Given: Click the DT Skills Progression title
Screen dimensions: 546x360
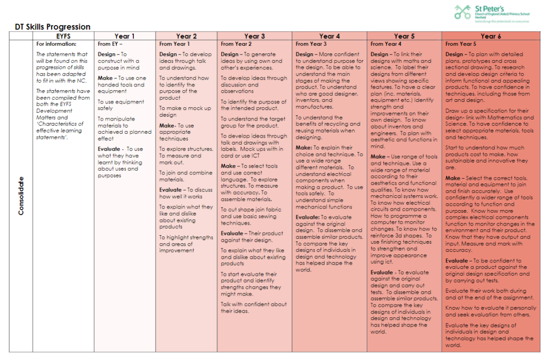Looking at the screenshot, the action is point(53,27).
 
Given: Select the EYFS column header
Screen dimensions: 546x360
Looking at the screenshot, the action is point(63,36).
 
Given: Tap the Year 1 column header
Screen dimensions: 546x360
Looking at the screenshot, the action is point(125,36).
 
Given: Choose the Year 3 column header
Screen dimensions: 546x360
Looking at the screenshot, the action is point(254,36).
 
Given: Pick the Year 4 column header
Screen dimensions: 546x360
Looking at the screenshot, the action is point(330,36).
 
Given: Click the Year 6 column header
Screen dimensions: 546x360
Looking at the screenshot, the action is point(491,36).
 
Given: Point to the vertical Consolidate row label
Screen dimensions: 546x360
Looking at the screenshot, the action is point(21,196).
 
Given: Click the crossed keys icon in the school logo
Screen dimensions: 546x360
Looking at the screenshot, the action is point(463,12).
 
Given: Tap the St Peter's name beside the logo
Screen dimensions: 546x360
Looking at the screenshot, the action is point(489,9).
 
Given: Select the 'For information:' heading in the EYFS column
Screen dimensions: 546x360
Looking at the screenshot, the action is point(56,44).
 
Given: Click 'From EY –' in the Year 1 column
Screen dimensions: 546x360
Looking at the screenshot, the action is point(110,44).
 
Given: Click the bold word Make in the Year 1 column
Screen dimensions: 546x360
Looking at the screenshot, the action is point(105,78).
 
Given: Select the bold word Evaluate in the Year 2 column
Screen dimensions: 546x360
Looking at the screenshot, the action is point(170,190).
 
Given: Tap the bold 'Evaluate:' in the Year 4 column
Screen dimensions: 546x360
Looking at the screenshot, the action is point(308,217).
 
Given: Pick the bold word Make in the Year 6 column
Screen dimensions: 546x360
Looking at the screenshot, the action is point(453,178).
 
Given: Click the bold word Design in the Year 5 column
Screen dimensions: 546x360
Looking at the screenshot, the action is point(379,54).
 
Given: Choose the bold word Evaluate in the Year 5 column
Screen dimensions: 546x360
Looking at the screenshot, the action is point(382,272).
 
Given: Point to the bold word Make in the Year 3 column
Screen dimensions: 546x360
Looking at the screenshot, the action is point(228,166).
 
